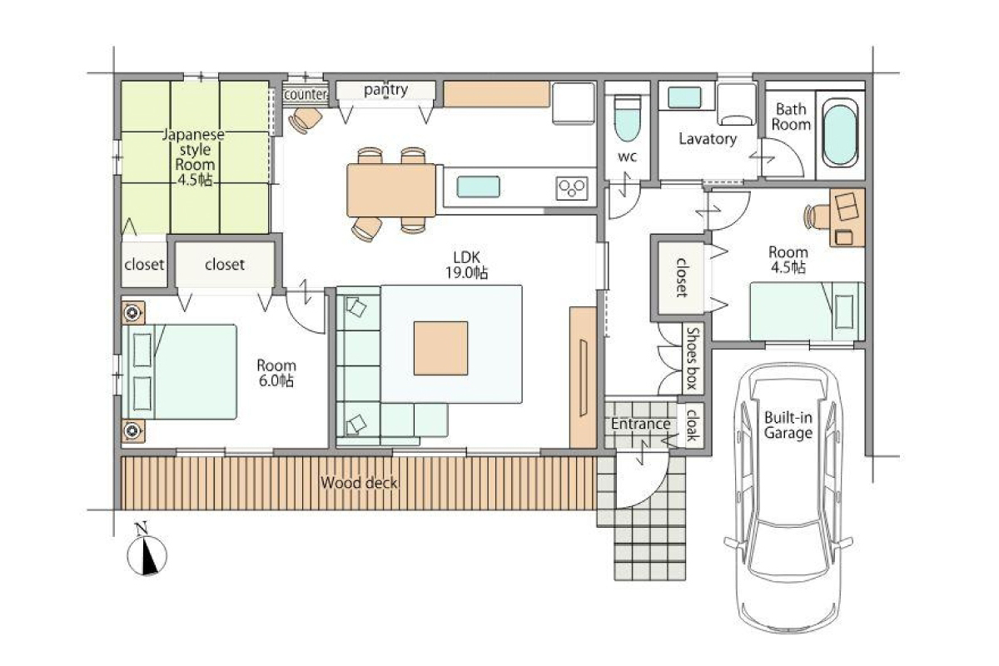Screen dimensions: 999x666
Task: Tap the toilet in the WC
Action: pos(627,119)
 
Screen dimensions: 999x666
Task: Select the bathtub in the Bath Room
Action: pos(840,133)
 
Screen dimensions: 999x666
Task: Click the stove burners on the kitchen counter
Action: pos(572,188)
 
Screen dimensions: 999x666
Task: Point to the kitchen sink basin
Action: pos(478,186)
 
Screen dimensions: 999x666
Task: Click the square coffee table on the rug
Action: pos(440,348)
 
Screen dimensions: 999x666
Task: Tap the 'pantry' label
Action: pos(385,90)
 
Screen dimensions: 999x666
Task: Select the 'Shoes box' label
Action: pos(693,358)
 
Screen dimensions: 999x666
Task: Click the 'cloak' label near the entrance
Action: pos(691,425)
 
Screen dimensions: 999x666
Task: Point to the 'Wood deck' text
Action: pos(359,483)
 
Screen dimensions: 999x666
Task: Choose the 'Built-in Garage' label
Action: pos(788,425)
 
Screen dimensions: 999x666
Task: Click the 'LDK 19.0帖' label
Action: pos(466,265)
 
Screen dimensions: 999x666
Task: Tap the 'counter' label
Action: pos(306,95)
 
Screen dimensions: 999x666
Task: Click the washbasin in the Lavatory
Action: pos(684,97)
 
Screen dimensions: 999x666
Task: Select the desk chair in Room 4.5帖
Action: pos(816,216)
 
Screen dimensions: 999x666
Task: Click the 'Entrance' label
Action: pos(640,424)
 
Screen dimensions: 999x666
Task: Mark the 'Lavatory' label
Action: pos(708,139)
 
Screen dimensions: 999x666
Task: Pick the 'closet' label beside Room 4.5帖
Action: pos(681,277)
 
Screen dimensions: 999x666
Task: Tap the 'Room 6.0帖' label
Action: pos(276,373)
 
